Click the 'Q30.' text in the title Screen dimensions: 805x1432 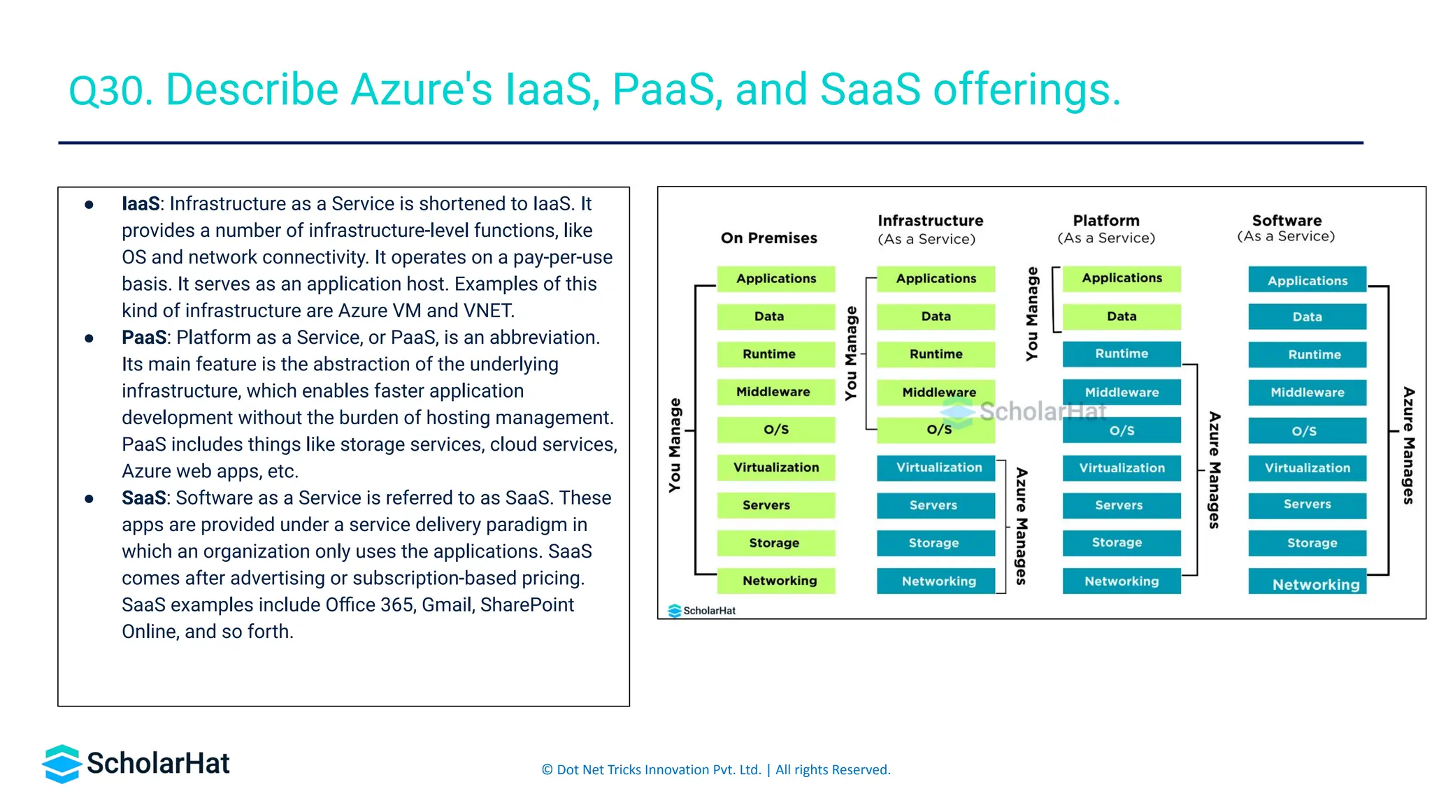point(110,91)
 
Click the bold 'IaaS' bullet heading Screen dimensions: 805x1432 point(141,204)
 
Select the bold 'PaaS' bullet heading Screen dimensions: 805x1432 point(144,338)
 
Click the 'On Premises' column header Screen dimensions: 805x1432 point(768,238)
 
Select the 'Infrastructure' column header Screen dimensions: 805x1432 point(930,221)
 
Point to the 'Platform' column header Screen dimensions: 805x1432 point(1105,221)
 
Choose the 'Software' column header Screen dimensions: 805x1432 point(1286,221)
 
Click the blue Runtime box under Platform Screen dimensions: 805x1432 point(1121,354)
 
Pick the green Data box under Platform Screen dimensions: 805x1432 point(1121,317)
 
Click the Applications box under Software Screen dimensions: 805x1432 point(1306,280)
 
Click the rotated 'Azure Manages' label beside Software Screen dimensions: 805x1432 point(1408,445)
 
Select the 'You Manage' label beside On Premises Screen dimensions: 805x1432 point(675,445)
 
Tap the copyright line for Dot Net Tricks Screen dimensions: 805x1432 point(715,770)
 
